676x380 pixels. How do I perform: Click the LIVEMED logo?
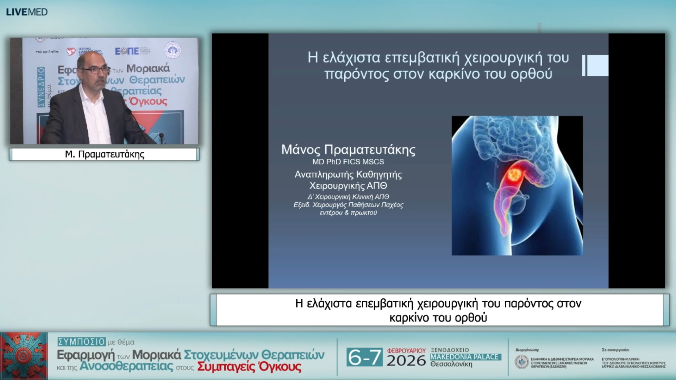[27, 12]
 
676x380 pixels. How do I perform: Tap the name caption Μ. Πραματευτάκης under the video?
[105, 154]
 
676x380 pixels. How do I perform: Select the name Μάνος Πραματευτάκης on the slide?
[348, 150]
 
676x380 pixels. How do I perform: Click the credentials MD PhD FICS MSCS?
[348, 162]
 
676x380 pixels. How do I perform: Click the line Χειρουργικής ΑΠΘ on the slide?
[348, 186]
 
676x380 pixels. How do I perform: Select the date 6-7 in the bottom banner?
[364, 357]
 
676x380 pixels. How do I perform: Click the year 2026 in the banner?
[406, 361]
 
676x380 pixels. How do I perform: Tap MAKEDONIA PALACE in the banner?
[465, 357]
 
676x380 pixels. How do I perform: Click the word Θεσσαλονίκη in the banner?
[451, 365]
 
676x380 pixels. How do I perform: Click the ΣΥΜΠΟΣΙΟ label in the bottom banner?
[82, 342]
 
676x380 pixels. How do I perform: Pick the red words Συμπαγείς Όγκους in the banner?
[249, 367]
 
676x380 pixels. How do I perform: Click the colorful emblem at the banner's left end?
[24, 356]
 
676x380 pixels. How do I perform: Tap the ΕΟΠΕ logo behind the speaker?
[127, 51]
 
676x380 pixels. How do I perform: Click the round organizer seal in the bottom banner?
[521, 362]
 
